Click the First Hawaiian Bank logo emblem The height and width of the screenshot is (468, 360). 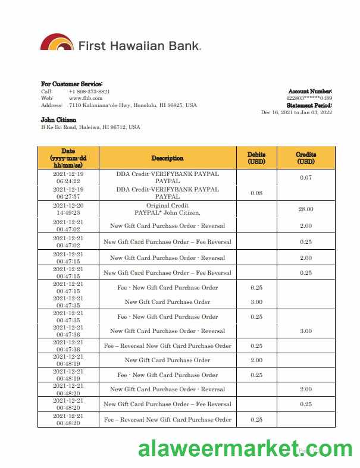[x=57, y=43]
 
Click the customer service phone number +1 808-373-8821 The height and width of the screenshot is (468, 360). [x=89, y=92]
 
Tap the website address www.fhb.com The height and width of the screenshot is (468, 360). [x=77, y=98]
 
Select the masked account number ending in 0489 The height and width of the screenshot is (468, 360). [x=309, y=98]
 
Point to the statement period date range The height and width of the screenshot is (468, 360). [x=296, y=112]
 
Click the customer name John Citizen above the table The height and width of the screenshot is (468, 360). [x=58, y=120]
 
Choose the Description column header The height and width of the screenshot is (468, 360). [x=167, y=158]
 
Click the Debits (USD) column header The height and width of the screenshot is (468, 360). [x=256, y=158]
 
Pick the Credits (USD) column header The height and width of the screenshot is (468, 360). [x=306, y=158]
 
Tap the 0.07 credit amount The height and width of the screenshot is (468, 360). [x=306, y=178]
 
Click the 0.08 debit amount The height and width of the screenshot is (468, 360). [x=256, y=193]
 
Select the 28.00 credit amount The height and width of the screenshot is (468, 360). [x=306, y=209]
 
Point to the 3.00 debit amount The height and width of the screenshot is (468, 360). [x=256, y=302]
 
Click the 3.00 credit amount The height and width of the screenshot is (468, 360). [x=306, y=331]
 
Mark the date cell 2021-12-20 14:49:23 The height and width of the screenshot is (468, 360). [x=68, y=208]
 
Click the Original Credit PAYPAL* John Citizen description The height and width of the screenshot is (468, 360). [x=167, y=209]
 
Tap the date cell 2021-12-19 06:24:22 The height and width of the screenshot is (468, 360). [x=68, y=177]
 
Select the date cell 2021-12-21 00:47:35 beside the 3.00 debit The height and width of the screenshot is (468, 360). [x=68, y=301]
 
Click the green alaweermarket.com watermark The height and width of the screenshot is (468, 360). [x=245, y=450]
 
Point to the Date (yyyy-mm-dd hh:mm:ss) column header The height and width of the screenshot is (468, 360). [x=68, y=158]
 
